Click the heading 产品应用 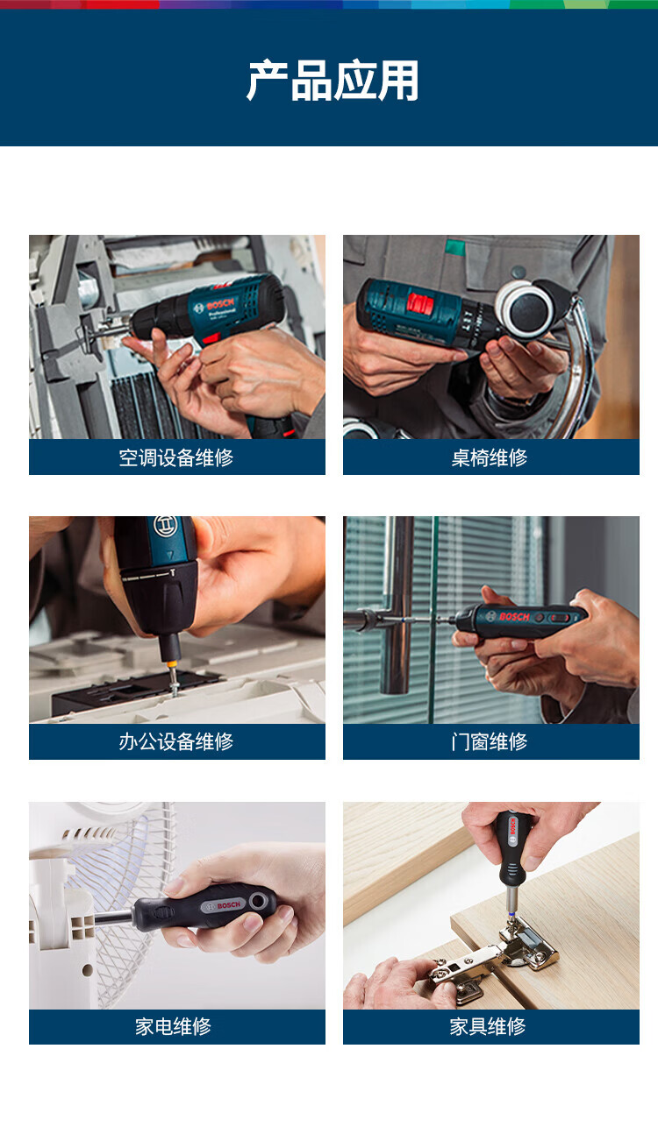tap(333, 81)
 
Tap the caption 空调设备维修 tap(176, 457)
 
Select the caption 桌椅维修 tap(490, 457)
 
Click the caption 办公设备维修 tap(176, 741)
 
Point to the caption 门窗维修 tap(490, 741)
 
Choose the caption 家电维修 tap(173, 1026)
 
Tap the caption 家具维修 tap(488, 1026)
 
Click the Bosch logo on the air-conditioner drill tap(214, 306)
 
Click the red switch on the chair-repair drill tap(420, 303)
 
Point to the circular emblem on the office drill tap(165, 527)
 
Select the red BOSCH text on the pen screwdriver tap(514, 617)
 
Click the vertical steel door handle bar tap(397, 605)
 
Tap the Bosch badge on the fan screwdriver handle tap(222, 905)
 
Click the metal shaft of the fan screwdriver tap(114, 918)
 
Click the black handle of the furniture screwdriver tap(513, 840)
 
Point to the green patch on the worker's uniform tap(454, 247)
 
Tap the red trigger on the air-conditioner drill tap(211, 338)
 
